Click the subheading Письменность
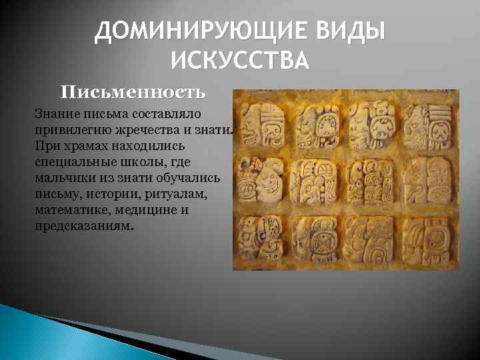[x=134, y=91]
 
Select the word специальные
[x=71, y=162]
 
